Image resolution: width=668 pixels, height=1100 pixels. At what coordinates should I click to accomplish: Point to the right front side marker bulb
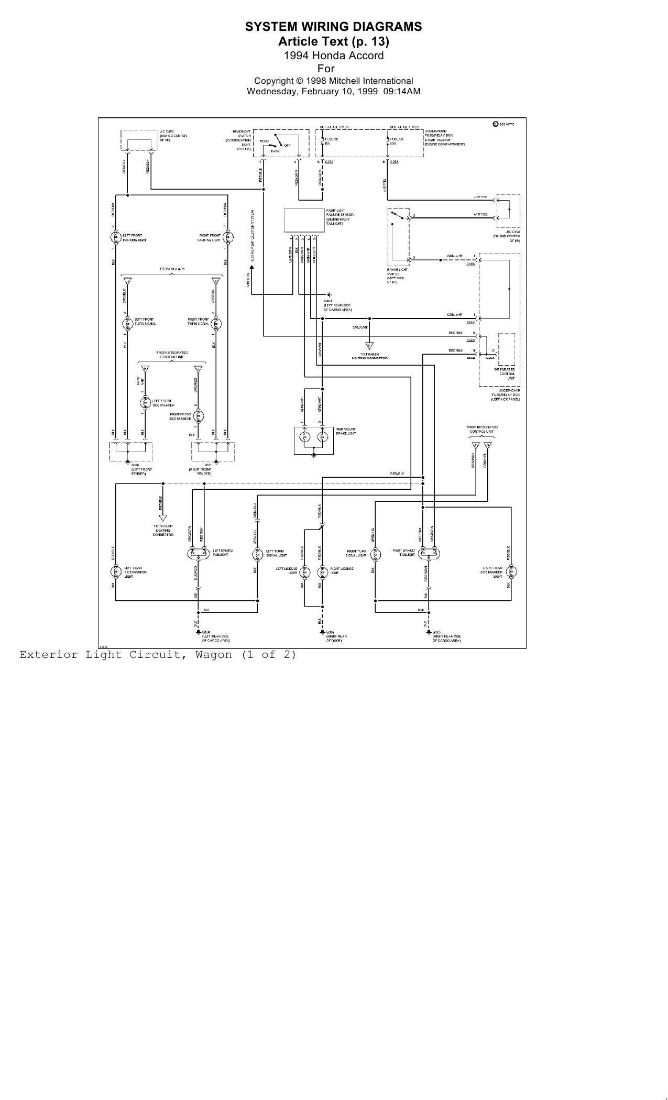pyautogui.click(x=198, y=416)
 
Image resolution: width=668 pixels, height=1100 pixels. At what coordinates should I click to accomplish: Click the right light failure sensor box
pyautogui.click(x=304, y=220)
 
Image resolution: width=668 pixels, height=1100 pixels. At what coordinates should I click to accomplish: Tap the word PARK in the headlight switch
pyautogui.click(x=275, y=151)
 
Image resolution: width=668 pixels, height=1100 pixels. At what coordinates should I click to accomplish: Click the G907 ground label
pyautogui.click(x=330, y=632)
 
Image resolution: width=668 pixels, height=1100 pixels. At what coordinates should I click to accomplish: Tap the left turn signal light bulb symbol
pyautogui.click(x=257, y=554)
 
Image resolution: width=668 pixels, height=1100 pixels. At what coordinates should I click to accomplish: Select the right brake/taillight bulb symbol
pyautogui.click(x=429, y=554)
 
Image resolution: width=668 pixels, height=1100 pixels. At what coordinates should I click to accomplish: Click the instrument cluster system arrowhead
pyautogui.click(x=252, y=268)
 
